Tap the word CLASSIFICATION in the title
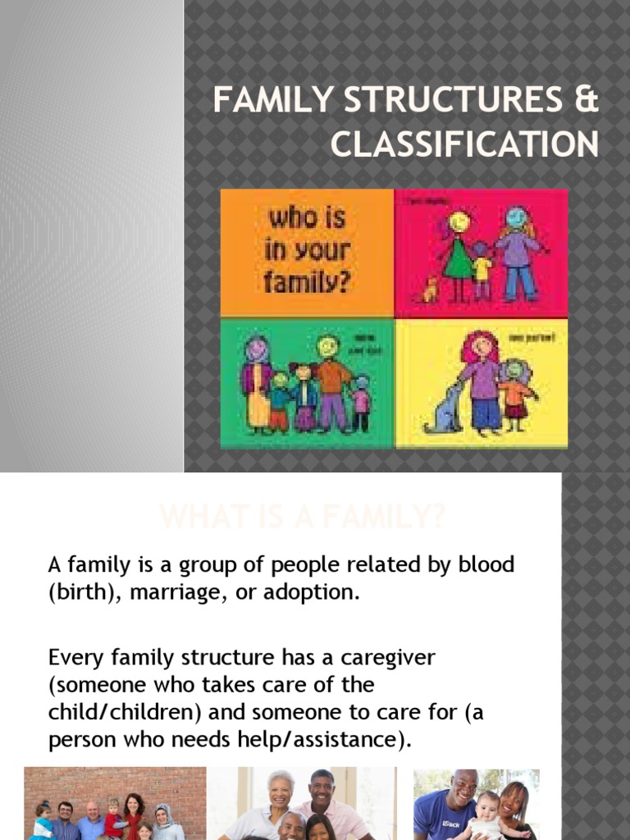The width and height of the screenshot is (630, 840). (464, 144)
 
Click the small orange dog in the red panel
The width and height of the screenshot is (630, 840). (428, 289)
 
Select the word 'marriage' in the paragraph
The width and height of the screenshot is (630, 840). (163, 592)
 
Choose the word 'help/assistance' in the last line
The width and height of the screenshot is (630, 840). (325, 739)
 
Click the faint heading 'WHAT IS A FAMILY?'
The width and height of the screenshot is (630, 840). (303, 517)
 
